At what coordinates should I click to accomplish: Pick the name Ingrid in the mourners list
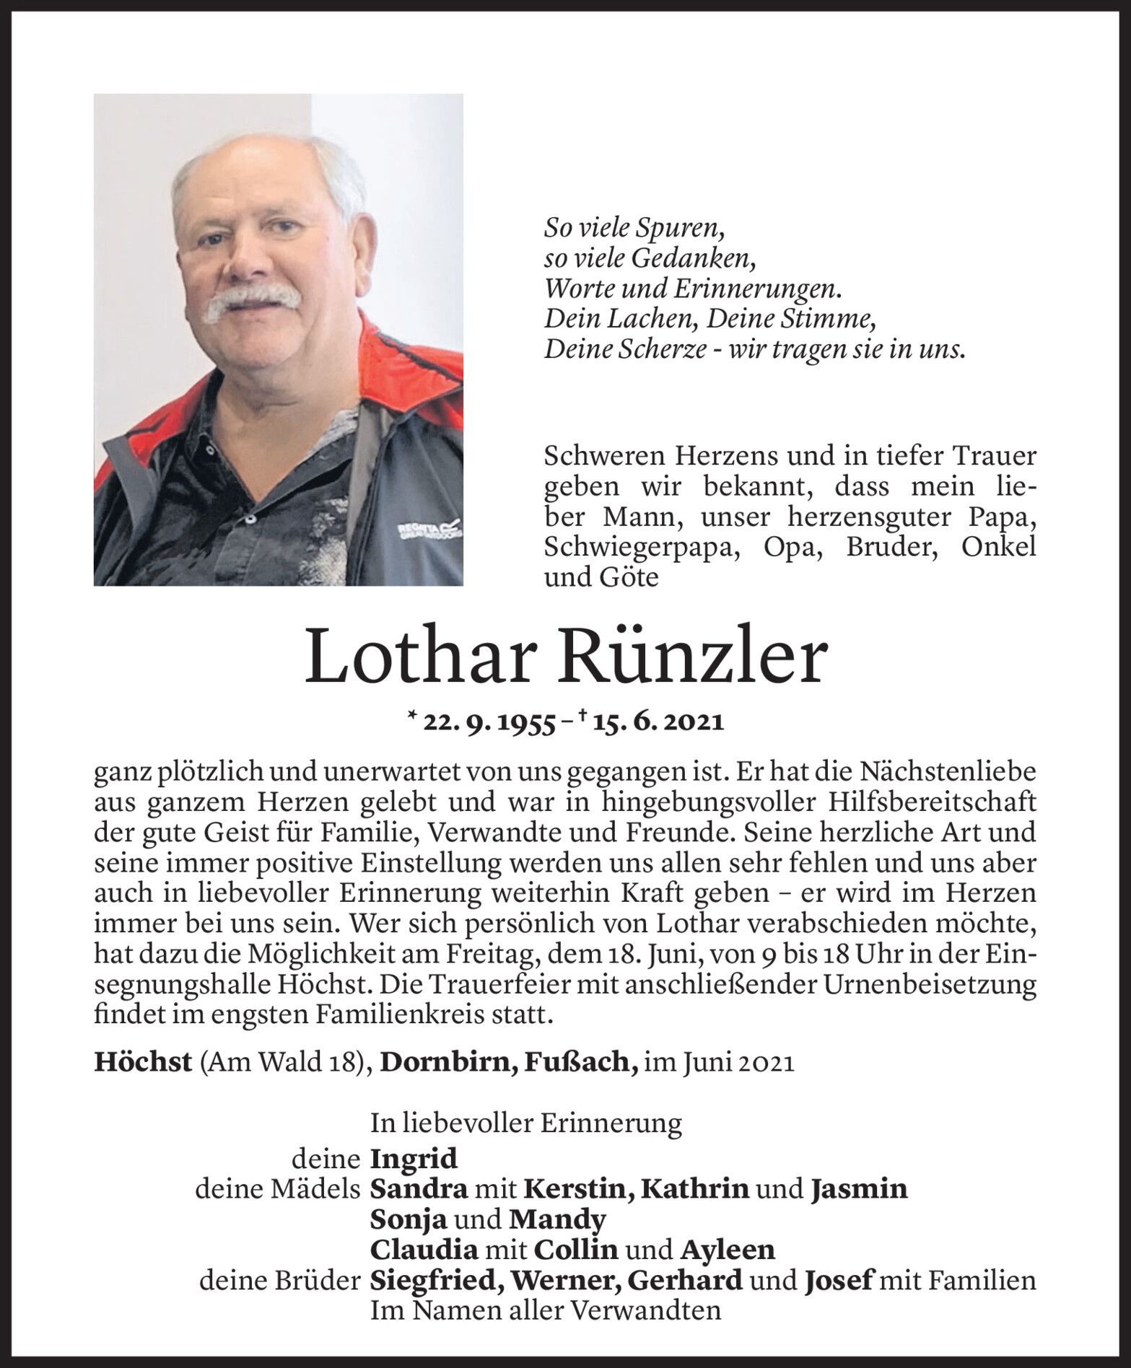pyautogui.click(x=414, y=1159)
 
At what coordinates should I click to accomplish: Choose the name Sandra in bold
pyautogui.click(x=419, y=1188)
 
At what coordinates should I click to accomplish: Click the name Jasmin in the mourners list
pyautogui.click(x=858, y=1188)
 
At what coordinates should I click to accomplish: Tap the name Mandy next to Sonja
pyautogui.click(x=556, y=1219)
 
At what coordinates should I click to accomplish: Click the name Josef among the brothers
pyautogui.click(x=837, y=1280)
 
